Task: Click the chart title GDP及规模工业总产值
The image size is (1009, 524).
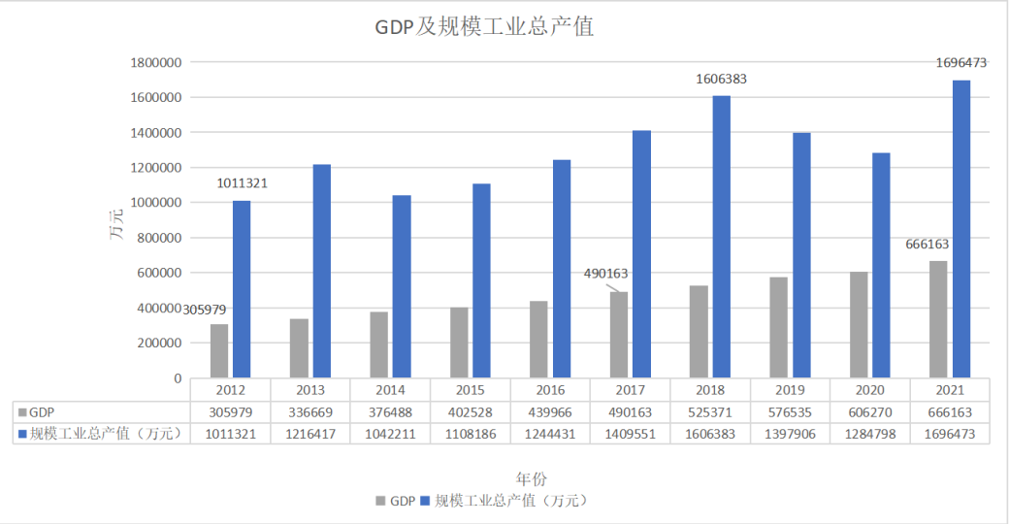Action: [x=484, y=27]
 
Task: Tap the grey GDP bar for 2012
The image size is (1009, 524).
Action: [x=219, y=350]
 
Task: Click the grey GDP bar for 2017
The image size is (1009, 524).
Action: [x=619, y=334]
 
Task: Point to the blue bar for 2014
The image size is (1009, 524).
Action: [x=402, y=286]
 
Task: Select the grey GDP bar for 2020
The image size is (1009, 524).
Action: [x=859, y=324]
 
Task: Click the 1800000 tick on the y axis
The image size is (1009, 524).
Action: [x=157, y=63]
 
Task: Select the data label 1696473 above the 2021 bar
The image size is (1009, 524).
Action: [x=960, y=63]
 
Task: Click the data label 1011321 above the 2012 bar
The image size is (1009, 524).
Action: [x=242, y=182]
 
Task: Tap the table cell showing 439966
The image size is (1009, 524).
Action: [x=550, y=412]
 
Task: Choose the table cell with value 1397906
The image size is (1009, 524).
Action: [x=790, y=434]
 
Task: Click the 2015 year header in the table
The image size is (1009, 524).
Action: [x=470, y=390]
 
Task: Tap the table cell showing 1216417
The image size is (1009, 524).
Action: [x=310, y=434]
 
